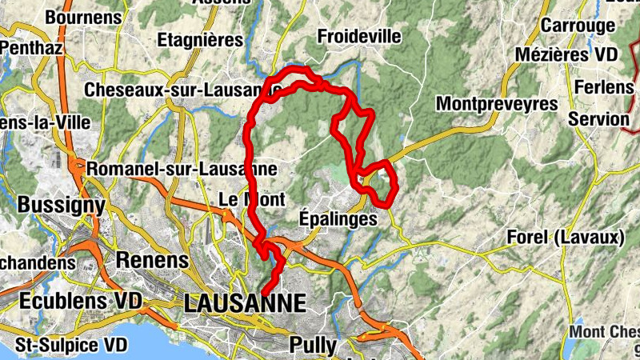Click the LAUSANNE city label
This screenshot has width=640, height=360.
click(x=245, y=303)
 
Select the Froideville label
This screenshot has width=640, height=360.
click(x=358, y=37)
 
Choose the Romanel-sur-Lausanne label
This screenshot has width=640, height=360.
click(x=182, y=170)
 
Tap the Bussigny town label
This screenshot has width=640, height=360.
click(x=61, y=205)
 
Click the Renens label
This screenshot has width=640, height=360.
click(x=152, y=260)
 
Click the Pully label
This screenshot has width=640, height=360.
click(x=314, y=346)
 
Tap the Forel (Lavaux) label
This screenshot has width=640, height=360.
click(x=566, y=238)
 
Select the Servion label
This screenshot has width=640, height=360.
click(x=598, y=119)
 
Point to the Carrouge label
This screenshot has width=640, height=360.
click(x=577, y=25)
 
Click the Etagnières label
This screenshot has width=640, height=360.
click(x=200, y=39)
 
